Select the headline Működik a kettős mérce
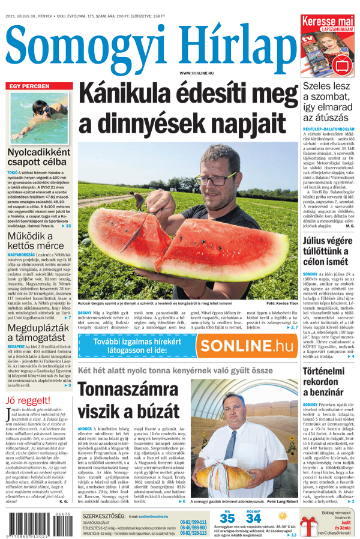[x=36, y=241]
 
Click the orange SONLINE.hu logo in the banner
[x=246, y=345]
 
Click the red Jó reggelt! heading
[x=28, y=400]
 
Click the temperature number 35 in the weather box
[x=227, y=517]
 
